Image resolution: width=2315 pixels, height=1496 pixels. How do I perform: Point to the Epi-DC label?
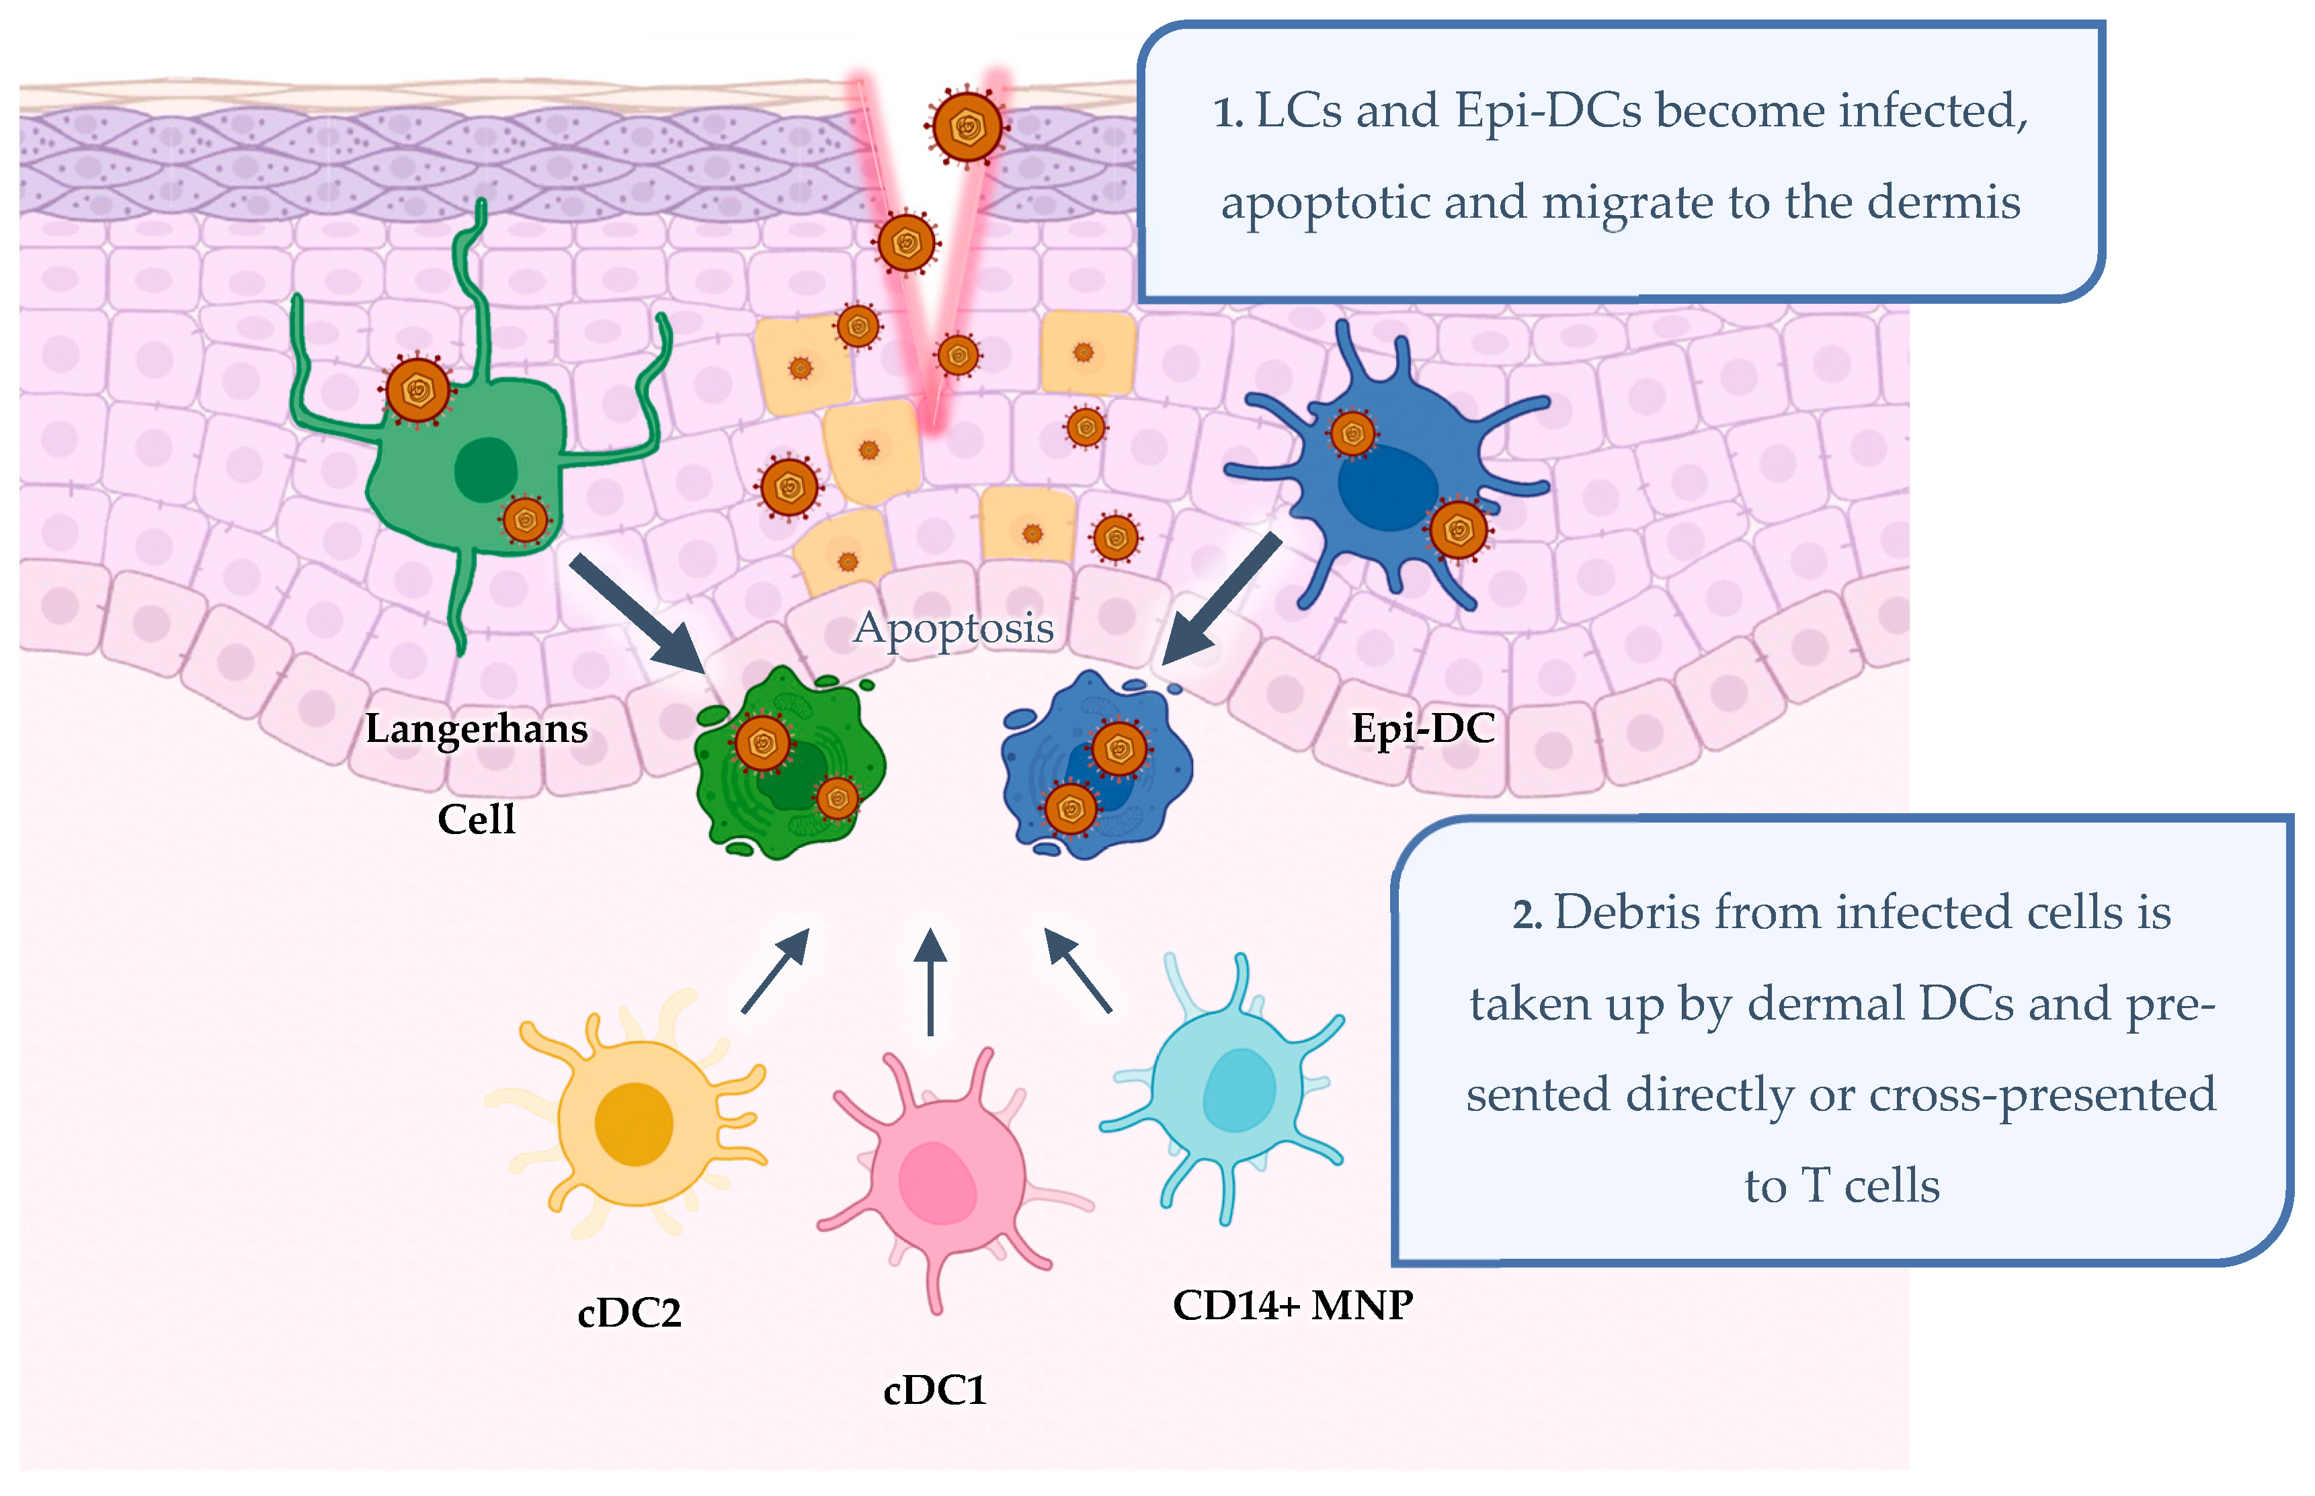tap(1423, 729)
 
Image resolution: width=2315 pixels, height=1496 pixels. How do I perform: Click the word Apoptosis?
tap(953, 628)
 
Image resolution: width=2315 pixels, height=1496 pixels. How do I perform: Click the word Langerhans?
tap(476, 729)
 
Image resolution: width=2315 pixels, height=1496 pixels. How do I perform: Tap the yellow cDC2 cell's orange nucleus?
tap(633, 1123)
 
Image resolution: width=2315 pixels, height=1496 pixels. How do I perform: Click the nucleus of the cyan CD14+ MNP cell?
tap(1239, 1090)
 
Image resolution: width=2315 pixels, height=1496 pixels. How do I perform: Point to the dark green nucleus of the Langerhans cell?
tap(486, 469)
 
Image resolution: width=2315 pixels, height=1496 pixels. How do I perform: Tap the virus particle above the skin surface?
tap(967, 127)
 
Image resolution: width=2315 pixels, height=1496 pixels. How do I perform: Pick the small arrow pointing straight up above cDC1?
tap(931, 981)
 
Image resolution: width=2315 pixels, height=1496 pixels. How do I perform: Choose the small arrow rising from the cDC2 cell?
tap(775, 970)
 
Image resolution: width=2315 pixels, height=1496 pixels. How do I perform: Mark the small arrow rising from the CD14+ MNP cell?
tap(1078, 970)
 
